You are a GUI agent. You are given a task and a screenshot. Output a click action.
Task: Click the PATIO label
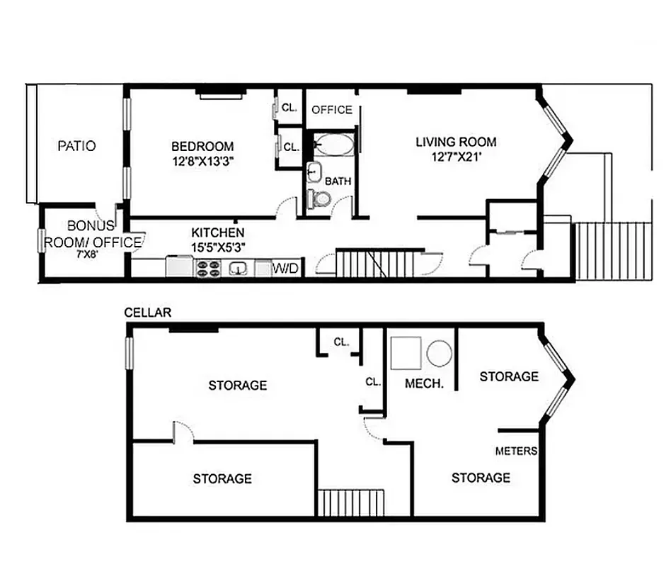(x=76, y=147)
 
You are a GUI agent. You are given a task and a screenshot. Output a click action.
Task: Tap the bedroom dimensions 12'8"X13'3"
(x=202, y=161)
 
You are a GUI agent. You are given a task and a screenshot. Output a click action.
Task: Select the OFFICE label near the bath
(x=332, y=110)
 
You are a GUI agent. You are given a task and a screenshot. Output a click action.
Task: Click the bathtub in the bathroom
(x=333, y=145)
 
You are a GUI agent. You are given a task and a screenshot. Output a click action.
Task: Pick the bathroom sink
(x=314, y=172)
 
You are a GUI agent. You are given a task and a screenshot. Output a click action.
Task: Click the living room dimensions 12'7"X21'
(x=455, y=156)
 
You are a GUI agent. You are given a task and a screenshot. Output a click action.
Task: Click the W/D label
(x=285, y=269)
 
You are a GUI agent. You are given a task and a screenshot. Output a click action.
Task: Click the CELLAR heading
(x=147, y=313)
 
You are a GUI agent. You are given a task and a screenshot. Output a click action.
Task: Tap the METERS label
(x=516, y=451)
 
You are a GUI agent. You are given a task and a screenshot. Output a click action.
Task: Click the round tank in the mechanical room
(x=439, y=353)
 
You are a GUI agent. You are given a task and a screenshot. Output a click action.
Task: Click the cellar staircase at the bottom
(x=350, y=503)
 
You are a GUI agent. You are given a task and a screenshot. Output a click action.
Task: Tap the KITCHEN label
(x=218, y=232)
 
